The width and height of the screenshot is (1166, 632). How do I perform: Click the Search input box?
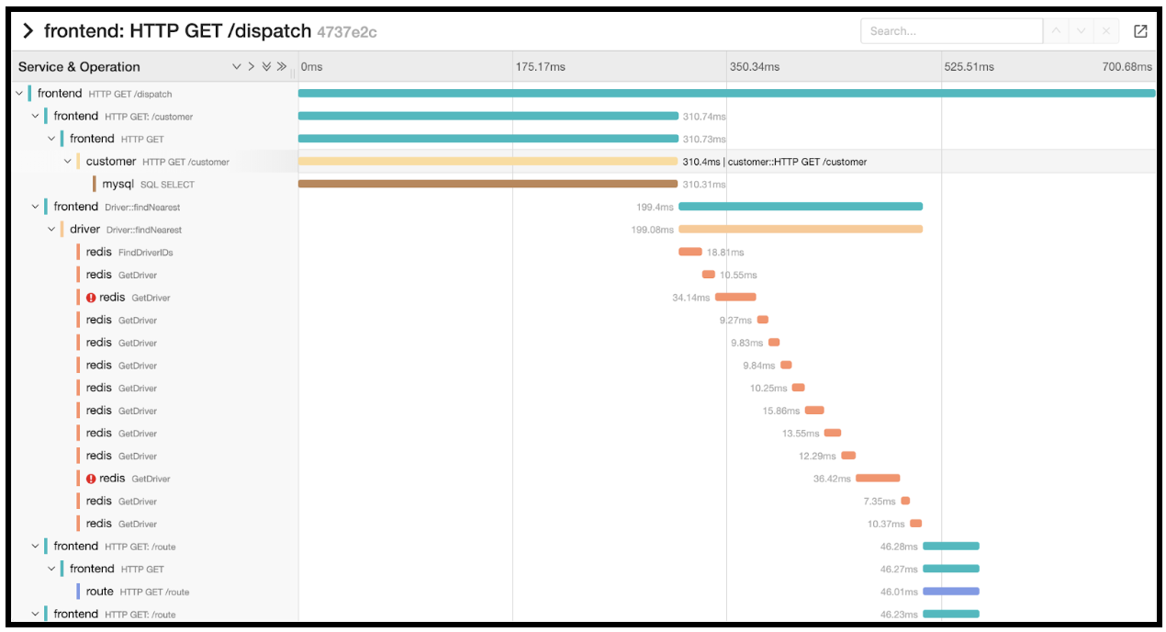(x=950, y=30)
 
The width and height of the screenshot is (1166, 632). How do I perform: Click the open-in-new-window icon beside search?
(x=1140, y=31)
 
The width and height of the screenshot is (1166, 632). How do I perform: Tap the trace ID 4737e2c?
(x=347, y=32)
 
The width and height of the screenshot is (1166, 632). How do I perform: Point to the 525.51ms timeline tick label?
(x=969, y=67)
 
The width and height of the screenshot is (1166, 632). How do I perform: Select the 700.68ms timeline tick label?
(x=1127, y=67)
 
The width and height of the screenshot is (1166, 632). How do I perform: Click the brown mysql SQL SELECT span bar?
(x=488, y=185)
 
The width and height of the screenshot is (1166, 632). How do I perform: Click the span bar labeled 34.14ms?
(x=735, y=298)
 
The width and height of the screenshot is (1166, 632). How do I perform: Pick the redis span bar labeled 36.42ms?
(x=878, y=479)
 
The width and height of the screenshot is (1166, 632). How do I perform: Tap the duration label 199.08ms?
(x=652, y=230)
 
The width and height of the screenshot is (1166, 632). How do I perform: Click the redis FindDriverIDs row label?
(x=129, y=253)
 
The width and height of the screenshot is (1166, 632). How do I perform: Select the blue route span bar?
(x=951, y=592)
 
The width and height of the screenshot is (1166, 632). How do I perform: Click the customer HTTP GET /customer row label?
(x=157, y=162)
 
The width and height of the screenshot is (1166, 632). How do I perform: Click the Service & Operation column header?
(x=79, y=67)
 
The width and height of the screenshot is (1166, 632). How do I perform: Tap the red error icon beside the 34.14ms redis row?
(x=91, y=298)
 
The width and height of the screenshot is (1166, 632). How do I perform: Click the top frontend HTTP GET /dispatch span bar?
(x=726, y=94)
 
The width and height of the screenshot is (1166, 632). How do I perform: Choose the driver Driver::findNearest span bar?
(x=801, y=230)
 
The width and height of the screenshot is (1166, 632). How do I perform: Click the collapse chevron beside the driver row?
(x=51, y=230)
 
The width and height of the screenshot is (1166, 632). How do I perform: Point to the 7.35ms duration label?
(x=879, y=502)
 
